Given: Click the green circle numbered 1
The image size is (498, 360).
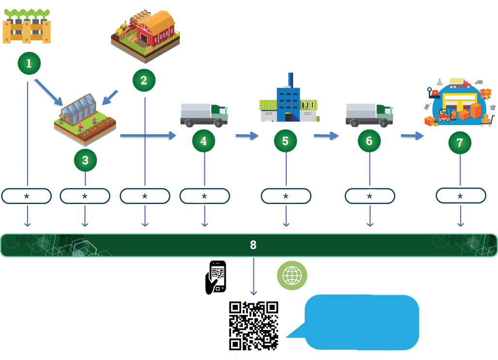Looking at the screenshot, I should coord(29,63).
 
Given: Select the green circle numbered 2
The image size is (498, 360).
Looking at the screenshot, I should coord(144,81).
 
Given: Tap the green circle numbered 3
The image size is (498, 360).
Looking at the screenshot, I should coord(85,160).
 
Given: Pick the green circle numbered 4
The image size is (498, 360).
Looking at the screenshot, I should coord(203,141).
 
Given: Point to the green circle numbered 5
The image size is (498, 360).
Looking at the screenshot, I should coord(285,141).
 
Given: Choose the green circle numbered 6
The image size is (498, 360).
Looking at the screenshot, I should coord(369,141).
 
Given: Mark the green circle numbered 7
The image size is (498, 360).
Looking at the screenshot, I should coord(460,143).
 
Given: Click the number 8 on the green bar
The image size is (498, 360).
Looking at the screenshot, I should coord(253,245).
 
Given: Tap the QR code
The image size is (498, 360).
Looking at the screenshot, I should coord(253,325).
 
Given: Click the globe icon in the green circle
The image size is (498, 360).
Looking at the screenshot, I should coord(292,275).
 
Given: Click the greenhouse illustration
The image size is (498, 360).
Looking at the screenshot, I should coord(84,119).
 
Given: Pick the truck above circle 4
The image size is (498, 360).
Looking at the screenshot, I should coord(203,114).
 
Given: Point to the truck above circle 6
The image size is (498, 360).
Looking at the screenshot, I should coord(369,114).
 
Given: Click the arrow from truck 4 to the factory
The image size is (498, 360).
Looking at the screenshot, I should coord(248,136).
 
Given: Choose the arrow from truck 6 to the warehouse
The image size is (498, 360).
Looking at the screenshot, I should coord(412,136).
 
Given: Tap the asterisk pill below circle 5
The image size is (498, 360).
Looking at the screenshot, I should coord(286,196).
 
